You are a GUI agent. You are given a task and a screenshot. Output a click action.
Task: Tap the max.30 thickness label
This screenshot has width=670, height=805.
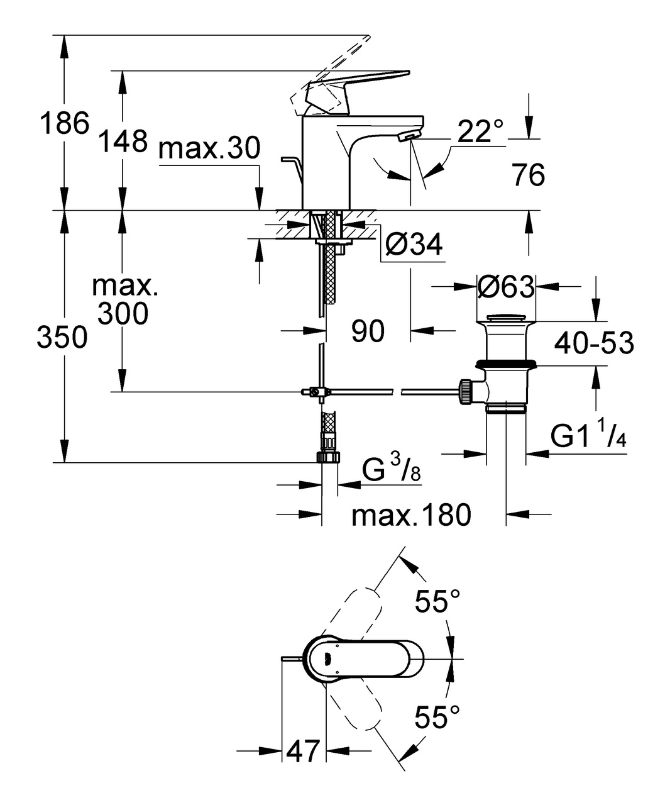pos(209,150)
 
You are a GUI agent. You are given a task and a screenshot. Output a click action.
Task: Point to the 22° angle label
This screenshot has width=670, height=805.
pos(481,132)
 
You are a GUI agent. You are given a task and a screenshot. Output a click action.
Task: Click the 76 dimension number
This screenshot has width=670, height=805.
pos(528,175)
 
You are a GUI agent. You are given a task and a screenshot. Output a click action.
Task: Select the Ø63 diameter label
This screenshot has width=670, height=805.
pos(506,287)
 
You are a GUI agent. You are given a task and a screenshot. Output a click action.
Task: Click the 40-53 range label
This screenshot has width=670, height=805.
pos(594,343)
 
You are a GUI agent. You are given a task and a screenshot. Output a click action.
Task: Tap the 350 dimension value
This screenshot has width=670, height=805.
pos(62,338)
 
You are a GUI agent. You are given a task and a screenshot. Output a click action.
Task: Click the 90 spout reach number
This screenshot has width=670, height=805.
pos(368,331)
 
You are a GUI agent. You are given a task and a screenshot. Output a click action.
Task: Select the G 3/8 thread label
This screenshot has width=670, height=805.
pos(391,469)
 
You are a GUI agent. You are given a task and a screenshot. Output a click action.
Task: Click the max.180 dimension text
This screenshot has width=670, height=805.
pos(411,516)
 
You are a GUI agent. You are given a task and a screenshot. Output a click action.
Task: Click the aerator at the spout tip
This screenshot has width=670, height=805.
pos(409,135)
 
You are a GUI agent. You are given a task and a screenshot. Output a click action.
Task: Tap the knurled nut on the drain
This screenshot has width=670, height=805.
pos(466,392)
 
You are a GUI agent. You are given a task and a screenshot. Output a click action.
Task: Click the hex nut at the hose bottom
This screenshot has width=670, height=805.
pos(329,456)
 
